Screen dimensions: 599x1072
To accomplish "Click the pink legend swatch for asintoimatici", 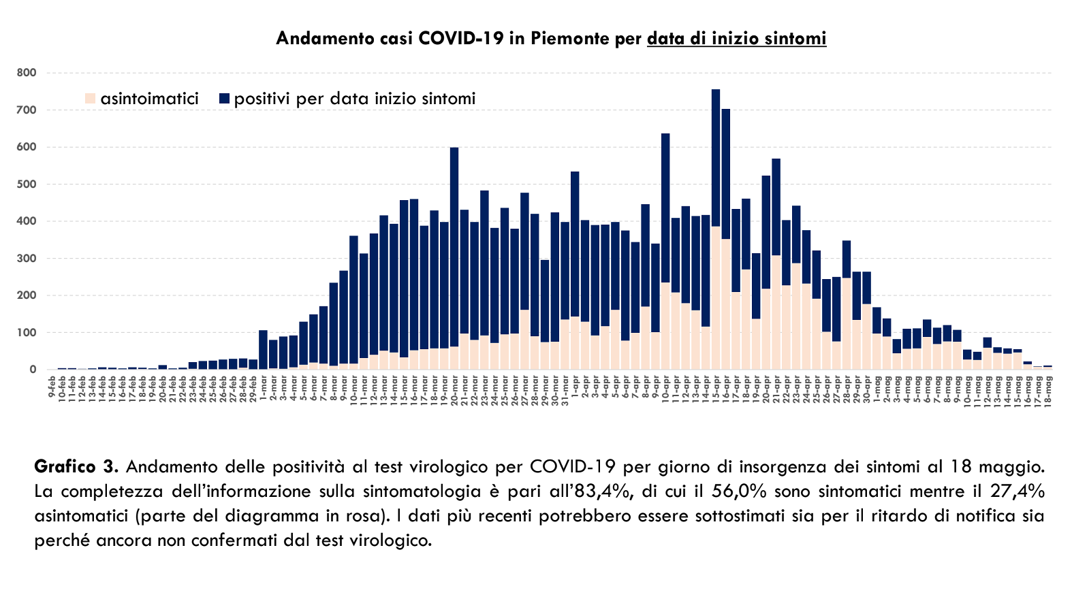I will pos(91,99).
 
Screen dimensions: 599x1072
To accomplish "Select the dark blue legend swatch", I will pos(225,99).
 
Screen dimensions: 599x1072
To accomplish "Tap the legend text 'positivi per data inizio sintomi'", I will pos(354,99).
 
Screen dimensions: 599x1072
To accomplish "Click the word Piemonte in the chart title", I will pos(570,38).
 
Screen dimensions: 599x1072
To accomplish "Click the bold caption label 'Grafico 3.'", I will pos(76,467).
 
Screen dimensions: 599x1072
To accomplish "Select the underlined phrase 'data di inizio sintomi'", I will pos(736,38).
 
